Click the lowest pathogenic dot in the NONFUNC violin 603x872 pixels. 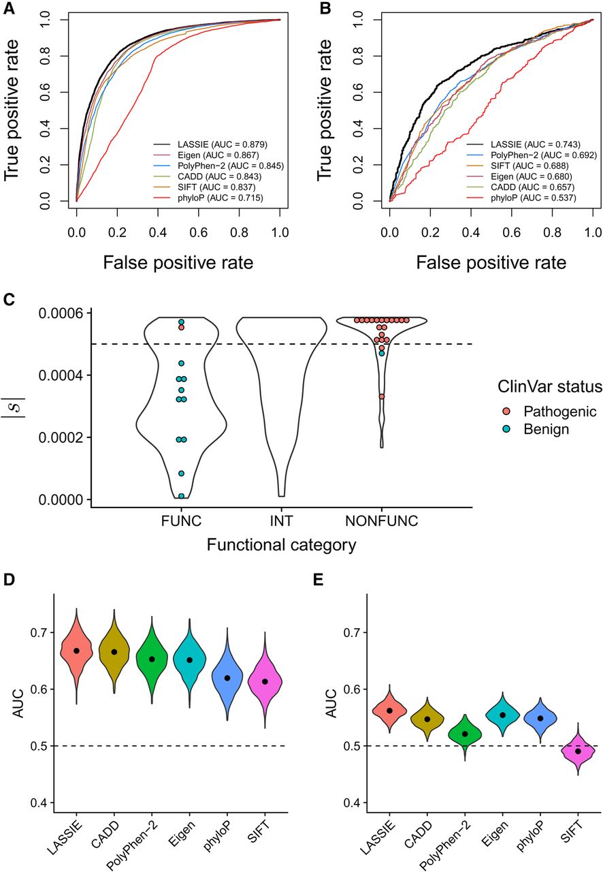point(382,396)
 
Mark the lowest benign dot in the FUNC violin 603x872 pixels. point(181,496)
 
